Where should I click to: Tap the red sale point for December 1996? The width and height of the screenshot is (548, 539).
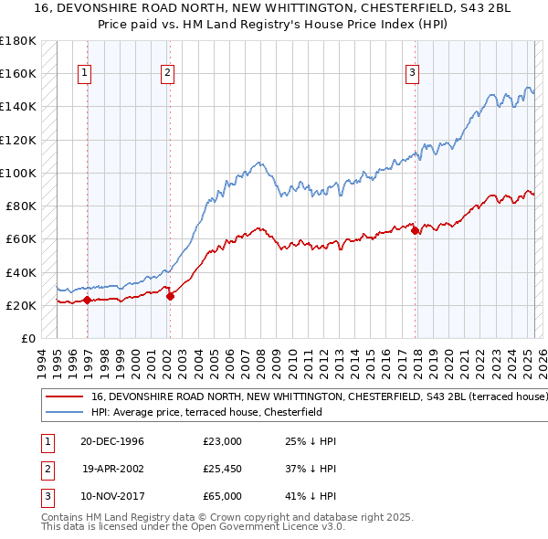[88, 300]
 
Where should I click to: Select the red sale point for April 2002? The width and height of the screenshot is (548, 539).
[171, 296]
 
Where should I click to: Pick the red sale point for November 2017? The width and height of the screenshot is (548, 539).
[416, 231]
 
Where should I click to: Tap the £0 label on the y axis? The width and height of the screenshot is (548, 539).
[27, 338]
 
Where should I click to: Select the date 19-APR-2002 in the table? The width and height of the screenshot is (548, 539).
[113, 469]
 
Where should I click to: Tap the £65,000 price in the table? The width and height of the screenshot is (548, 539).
[223, 496]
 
